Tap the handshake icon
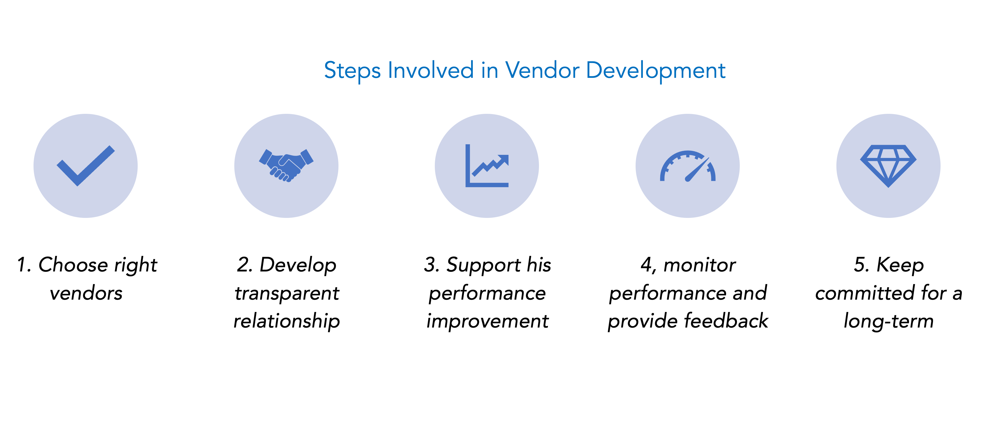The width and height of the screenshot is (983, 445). (x=286, y=165)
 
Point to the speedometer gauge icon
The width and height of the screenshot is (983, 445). (x=688, y=166)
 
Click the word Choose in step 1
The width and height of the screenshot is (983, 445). (x=73, y=265)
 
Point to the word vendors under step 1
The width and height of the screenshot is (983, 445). (x=86, y=293)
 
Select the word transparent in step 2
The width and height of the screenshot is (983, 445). (x=287, y=293)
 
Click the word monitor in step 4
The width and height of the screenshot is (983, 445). (x=700, y=265)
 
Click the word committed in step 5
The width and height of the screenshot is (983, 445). (x=865, y=293)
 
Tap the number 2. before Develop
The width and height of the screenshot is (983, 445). (x=245, y=265)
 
